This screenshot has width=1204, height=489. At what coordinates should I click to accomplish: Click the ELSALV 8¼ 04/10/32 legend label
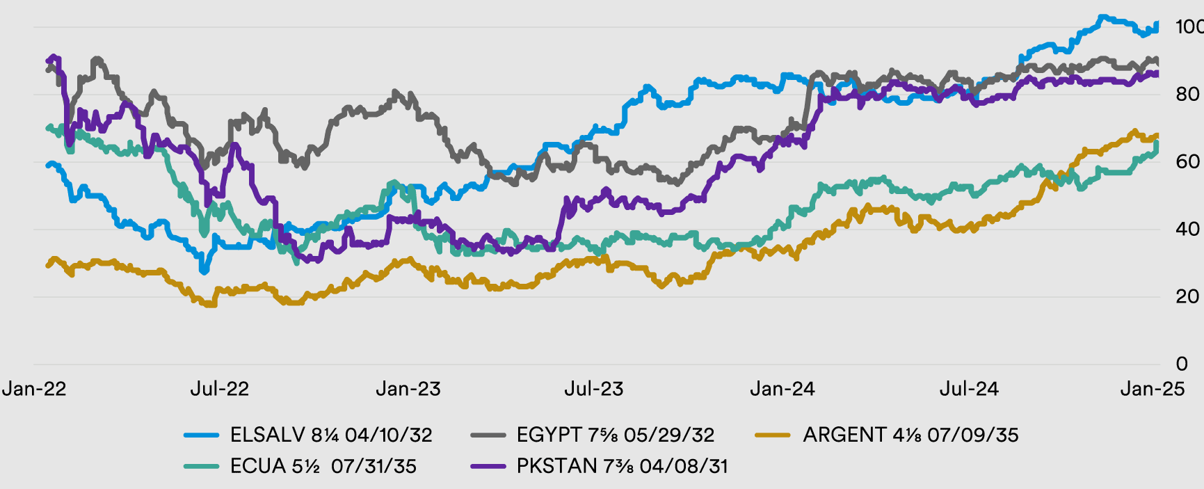tap(331, 435)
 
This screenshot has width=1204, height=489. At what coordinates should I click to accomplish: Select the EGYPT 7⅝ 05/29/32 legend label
tap(615, 435)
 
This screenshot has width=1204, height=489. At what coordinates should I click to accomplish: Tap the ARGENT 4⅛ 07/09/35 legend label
tap(910, 435)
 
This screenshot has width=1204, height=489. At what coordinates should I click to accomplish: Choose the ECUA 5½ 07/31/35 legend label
tap(323, 466)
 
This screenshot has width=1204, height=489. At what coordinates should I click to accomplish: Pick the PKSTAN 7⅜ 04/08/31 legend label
tap(622, 466)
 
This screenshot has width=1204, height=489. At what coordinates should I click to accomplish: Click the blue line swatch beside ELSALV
tap(202, 435)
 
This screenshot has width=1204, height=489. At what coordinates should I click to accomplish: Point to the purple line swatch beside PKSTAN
tap(488, 466)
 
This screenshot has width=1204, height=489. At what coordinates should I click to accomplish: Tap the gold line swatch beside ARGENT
tap(773, 435)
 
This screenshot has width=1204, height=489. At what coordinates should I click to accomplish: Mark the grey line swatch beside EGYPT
tap(488, 435)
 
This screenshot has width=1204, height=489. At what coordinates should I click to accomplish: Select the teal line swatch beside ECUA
tap(202, 466)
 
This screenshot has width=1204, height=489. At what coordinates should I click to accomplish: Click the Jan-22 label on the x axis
tap(34, 389)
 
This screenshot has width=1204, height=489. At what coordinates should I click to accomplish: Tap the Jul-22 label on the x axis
tap(220, 389)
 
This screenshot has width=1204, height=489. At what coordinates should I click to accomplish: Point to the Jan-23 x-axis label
tap(408, 389)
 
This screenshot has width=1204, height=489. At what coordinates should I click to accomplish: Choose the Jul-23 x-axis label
tap(594, 389)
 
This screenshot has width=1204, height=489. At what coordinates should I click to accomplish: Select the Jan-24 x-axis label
tap(782, 389)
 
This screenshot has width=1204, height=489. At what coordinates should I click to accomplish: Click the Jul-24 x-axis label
tap(969, 389)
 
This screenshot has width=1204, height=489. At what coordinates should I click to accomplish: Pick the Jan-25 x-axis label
tap(1153, 389)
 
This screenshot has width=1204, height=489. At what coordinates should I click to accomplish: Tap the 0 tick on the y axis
tap(1182, 364)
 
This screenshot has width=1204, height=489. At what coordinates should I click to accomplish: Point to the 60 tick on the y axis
tap(1187, 162)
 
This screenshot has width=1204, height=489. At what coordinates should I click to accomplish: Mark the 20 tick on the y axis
tap(1187, 297)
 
